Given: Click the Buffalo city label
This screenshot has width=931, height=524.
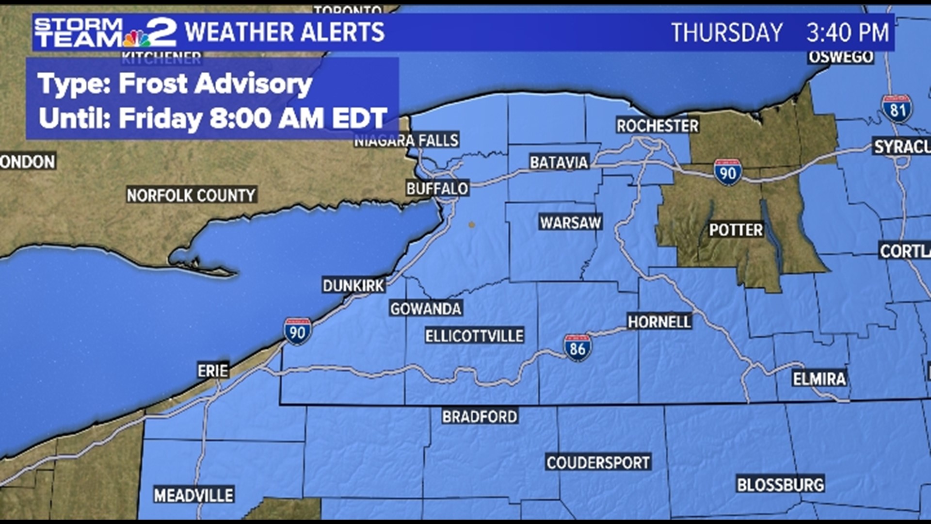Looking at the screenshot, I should tap(437, 188).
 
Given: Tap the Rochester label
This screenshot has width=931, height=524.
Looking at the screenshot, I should tap(657, 126).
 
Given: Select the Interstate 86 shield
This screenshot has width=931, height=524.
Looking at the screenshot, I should tap(578, 348).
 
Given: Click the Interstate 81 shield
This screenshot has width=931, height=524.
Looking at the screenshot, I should tap(897, 109).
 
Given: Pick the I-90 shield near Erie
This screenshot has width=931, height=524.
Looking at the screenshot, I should tap(297, 331).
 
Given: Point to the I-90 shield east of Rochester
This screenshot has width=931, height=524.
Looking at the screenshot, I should tap(727, 172).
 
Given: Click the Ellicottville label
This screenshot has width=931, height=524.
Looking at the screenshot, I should tap(474, 336).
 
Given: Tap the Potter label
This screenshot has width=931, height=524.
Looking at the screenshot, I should tap(736, 229).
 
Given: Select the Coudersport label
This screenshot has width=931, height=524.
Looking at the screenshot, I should tap(598, 462).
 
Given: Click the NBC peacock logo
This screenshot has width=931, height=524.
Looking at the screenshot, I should tap(137, 38).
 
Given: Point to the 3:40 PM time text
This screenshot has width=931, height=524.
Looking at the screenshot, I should tap(847, 33).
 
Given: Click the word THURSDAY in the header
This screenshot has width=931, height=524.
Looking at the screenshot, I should tap(726, 33).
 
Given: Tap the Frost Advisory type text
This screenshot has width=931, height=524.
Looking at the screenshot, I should tap(175, 83).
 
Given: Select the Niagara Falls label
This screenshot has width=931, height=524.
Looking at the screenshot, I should tap(406, 141).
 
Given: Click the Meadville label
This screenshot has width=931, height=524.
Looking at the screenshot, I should tap(193, 495).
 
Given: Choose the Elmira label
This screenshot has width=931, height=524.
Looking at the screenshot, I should tap(819, 378).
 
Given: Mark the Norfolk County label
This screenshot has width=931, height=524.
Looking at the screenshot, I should tap(191, 195).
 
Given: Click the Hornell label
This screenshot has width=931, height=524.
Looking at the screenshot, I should tap(659, 321).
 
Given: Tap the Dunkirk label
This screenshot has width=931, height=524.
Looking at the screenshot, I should tap(353, 285).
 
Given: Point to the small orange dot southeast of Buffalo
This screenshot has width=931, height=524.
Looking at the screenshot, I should tap(471, 225).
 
